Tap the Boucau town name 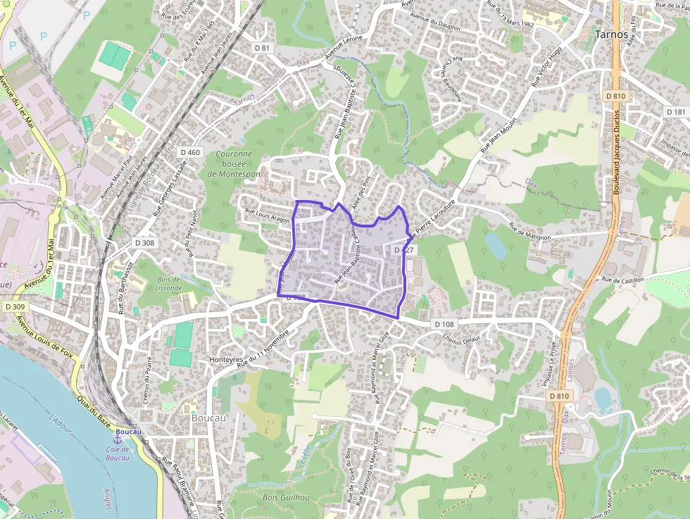(208, 417)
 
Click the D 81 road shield (262, 47)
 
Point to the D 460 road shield (190, 152)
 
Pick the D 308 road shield (144, 242)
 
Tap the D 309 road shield (14, 306)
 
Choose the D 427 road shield (404, 250)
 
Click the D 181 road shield (675, 112)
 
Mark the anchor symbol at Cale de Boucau (118, 439)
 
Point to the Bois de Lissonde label (168, 284)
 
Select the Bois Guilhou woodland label (286, 497)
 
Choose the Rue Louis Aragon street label (267, 215)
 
